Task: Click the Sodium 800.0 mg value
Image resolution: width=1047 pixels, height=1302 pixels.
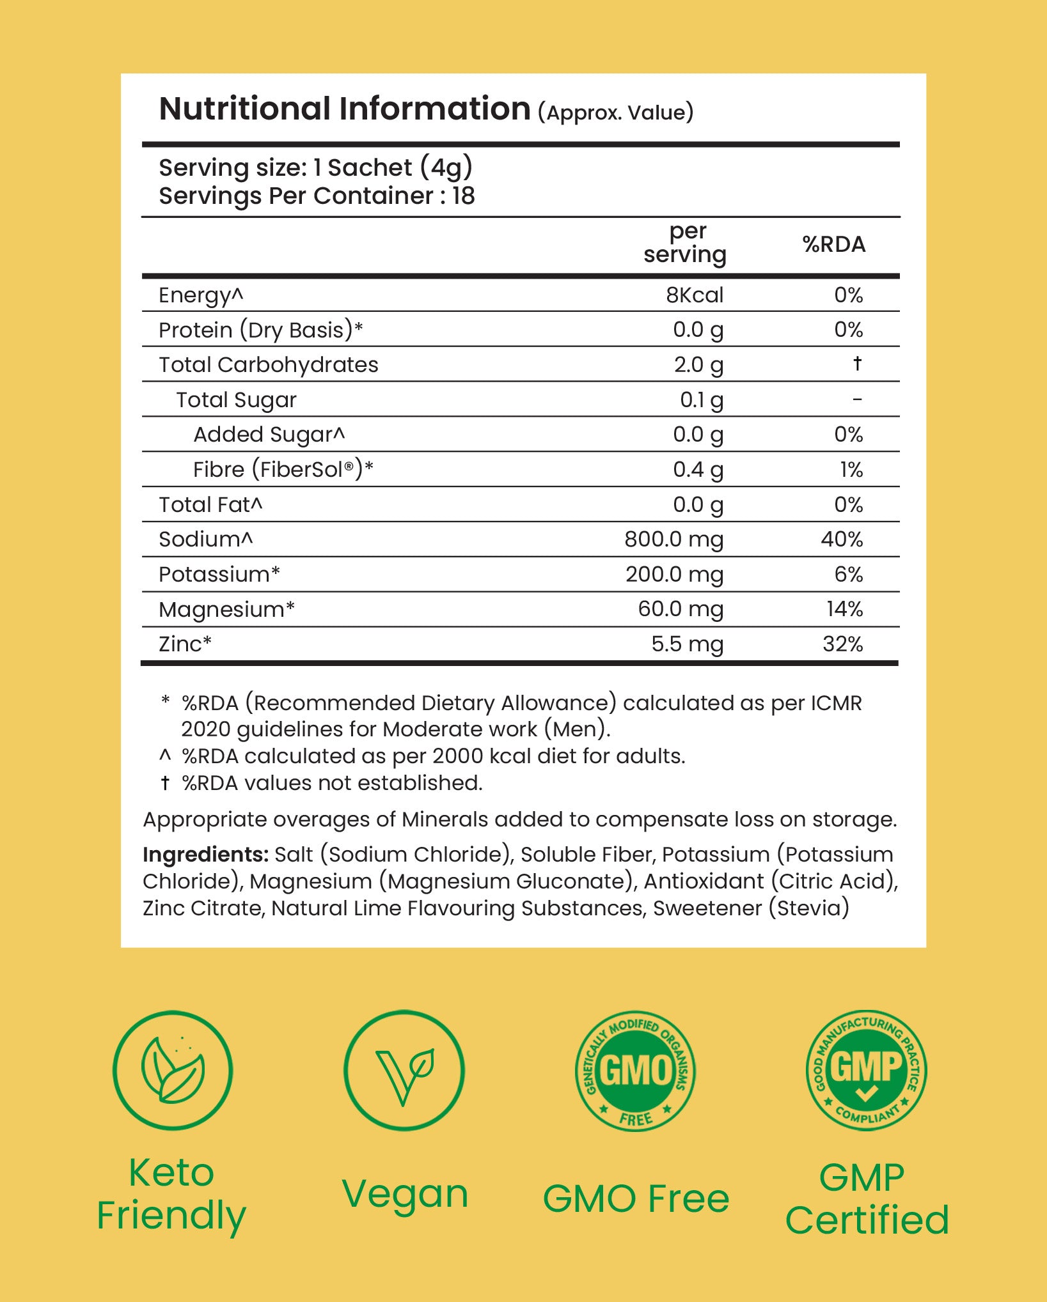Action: pyautogui.click(x=673, y=539)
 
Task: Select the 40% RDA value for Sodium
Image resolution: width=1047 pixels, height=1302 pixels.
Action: pyautogui.click(x=842, y=539)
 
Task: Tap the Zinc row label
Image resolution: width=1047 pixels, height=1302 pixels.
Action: pyautogui.click(x=184, y=644)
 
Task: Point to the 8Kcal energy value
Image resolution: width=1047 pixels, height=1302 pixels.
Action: pyautogui.click(x=695, y=295)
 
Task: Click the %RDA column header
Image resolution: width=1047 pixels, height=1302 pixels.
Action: pyautogui.click(x=833, y=244)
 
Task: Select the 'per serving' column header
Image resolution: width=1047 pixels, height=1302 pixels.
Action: pyautogui.click(x=685, y=243)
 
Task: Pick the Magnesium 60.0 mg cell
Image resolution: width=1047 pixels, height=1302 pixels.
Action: pyautogui.click(x=681, y=609)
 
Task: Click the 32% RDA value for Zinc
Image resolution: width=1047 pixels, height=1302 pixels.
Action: pyautogui.click(x=842, y=644)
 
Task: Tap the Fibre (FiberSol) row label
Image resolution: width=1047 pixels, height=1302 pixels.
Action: pyautogui.click(x=283, y=470)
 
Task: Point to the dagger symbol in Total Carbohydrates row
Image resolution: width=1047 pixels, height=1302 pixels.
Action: pyautogui.click(x=857, y=364)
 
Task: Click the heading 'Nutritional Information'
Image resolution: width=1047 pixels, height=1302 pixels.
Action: pyautogui.click(x=345, y=109)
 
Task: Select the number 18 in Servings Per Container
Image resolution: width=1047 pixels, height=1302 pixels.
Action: pyautogui.click(x=463, y=196)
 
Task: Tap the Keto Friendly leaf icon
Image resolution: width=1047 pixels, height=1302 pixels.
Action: pyautogui.click(x=173, y=1071)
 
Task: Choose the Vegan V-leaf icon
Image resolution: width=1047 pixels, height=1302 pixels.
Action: pyautogui.click(x=404, y=1071)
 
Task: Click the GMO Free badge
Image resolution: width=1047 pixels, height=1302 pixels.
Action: pyautogui.click(x=635, y=1071)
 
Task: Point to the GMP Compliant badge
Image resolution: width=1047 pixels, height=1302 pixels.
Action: pyautogui.click(x=866, y=1071)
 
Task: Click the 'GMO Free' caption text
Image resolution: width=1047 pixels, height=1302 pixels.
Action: pyautogui.click(x=636, y=1198)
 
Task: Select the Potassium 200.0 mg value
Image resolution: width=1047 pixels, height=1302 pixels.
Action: pyautogui.click(x=674, y=575)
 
